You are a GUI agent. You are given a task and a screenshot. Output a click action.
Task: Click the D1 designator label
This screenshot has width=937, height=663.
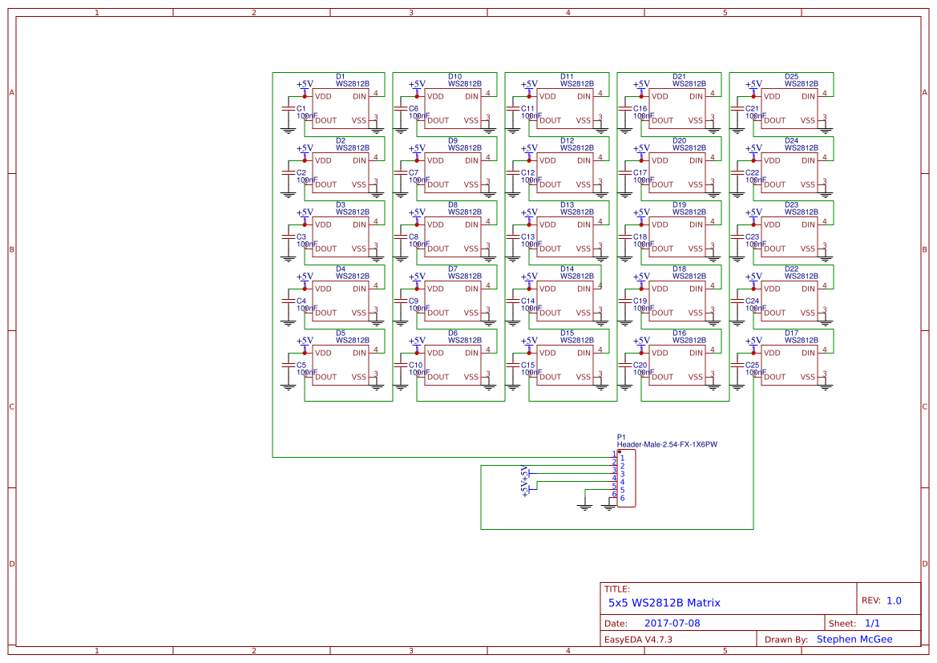(x=340, y=76)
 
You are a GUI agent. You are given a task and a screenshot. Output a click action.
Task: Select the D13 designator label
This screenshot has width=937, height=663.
(x=567, y=204)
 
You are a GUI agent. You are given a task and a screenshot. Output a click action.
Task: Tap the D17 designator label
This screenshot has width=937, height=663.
(x=791, y=333)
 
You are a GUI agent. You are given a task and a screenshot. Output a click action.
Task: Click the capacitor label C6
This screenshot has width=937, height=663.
(x=414, y=108)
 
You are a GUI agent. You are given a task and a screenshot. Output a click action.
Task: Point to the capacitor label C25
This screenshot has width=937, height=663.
(x=752, y=365)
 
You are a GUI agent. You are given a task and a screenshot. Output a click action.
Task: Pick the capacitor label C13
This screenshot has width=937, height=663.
(x=527, y=236)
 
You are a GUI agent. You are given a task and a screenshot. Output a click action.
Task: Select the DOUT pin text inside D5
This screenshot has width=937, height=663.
(x=326, y=377)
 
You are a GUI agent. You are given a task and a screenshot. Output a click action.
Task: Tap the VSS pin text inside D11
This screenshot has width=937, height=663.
(x=583, y=120)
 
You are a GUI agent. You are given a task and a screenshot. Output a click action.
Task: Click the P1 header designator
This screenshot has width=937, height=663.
(x=621, y=437)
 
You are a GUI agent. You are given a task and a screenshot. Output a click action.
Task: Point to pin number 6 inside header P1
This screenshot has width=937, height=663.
(x=622, y=499)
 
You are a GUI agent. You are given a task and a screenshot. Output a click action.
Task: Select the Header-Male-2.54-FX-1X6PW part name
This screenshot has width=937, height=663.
(x=667, y=444)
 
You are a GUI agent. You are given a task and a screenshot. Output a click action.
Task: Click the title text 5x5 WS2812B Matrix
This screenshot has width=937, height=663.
(x=664, y=603)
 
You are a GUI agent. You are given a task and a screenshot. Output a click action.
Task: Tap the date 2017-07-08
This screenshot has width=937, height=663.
(x=672, y=623)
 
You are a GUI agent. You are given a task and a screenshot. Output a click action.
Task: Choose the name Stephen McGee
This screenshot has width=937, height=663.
(x=854, y=639)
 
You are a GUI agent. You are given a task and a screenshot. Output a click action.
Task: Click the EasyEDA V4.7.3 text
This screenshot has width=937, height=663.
(x=637, y=639)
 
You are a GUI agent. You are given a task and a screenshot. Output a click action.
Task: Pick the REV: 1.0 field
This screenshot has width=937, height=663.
(x=881, y=600)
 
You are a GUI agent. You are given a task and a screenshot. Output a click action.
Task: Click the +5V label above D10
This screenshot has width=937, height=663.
(x=417, y=84)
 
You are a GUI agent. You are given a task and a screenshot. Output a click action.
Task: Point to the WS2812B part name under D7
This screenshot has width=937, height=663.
(x=465, y=276)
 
